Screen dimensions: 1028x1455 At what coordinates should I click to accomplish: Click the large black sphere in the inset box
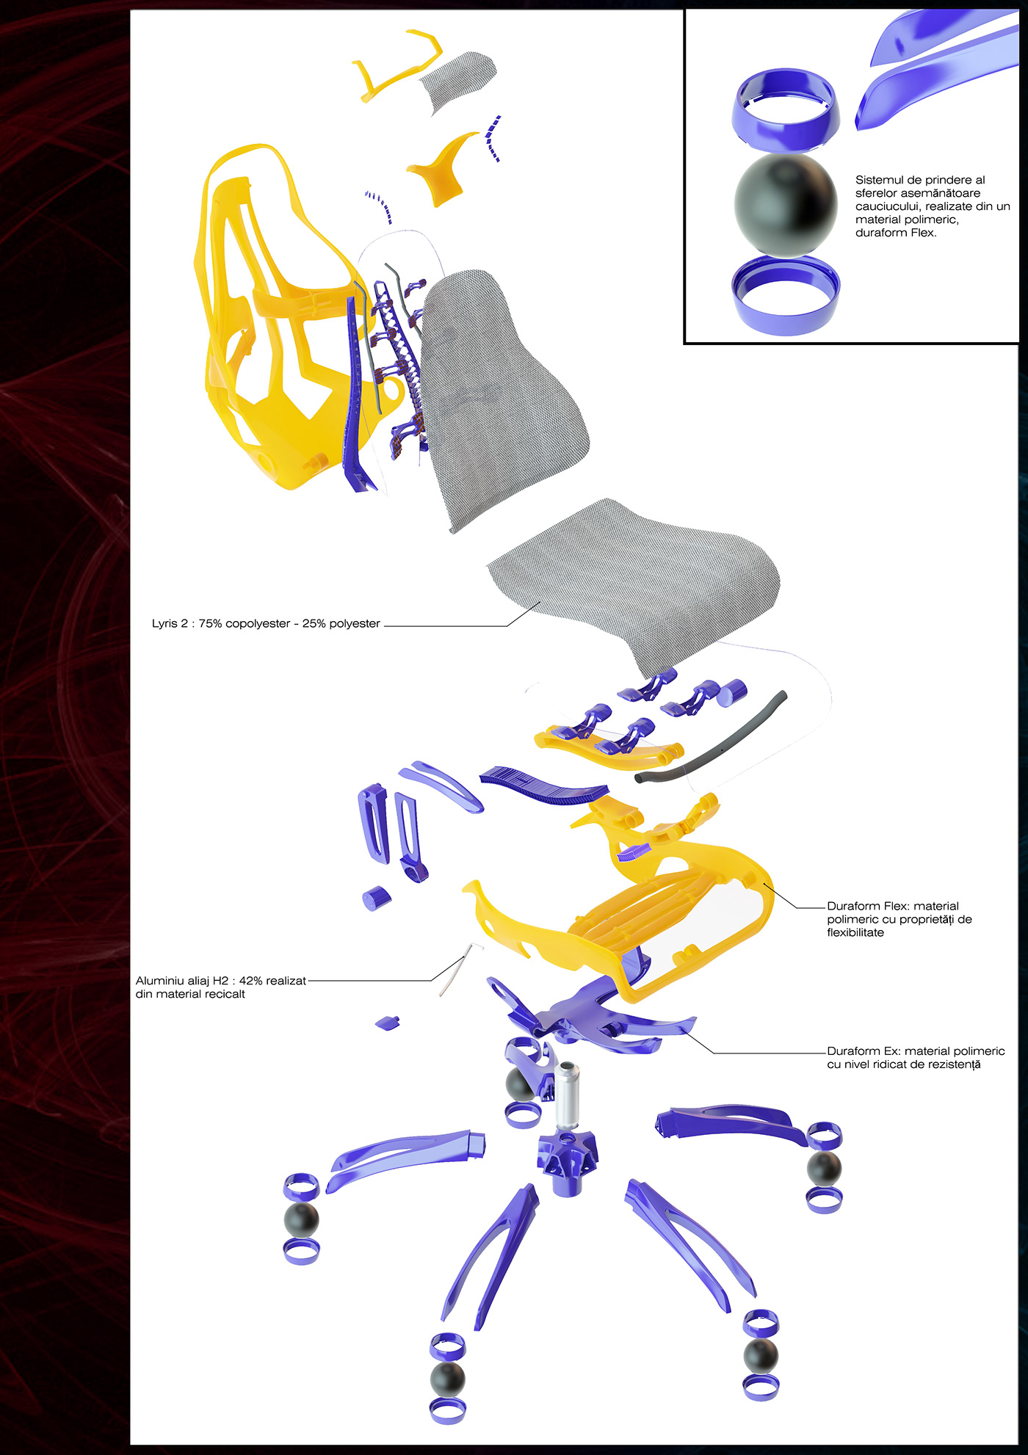[x=785, y=206]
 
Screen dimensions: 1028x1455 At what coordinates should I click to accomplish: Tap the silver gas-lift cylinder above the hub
[x=566, y=1094]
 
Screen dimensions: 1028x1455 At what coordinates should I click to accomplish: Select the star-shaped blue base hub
[x=566, y=1161]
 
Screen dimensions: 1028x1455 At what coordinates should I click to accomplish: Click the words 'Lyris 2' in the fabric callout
[x=170, y=624]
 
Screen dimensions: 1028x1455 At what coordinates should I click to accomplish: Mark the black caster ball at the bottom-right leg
[x=761, y=1355]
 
